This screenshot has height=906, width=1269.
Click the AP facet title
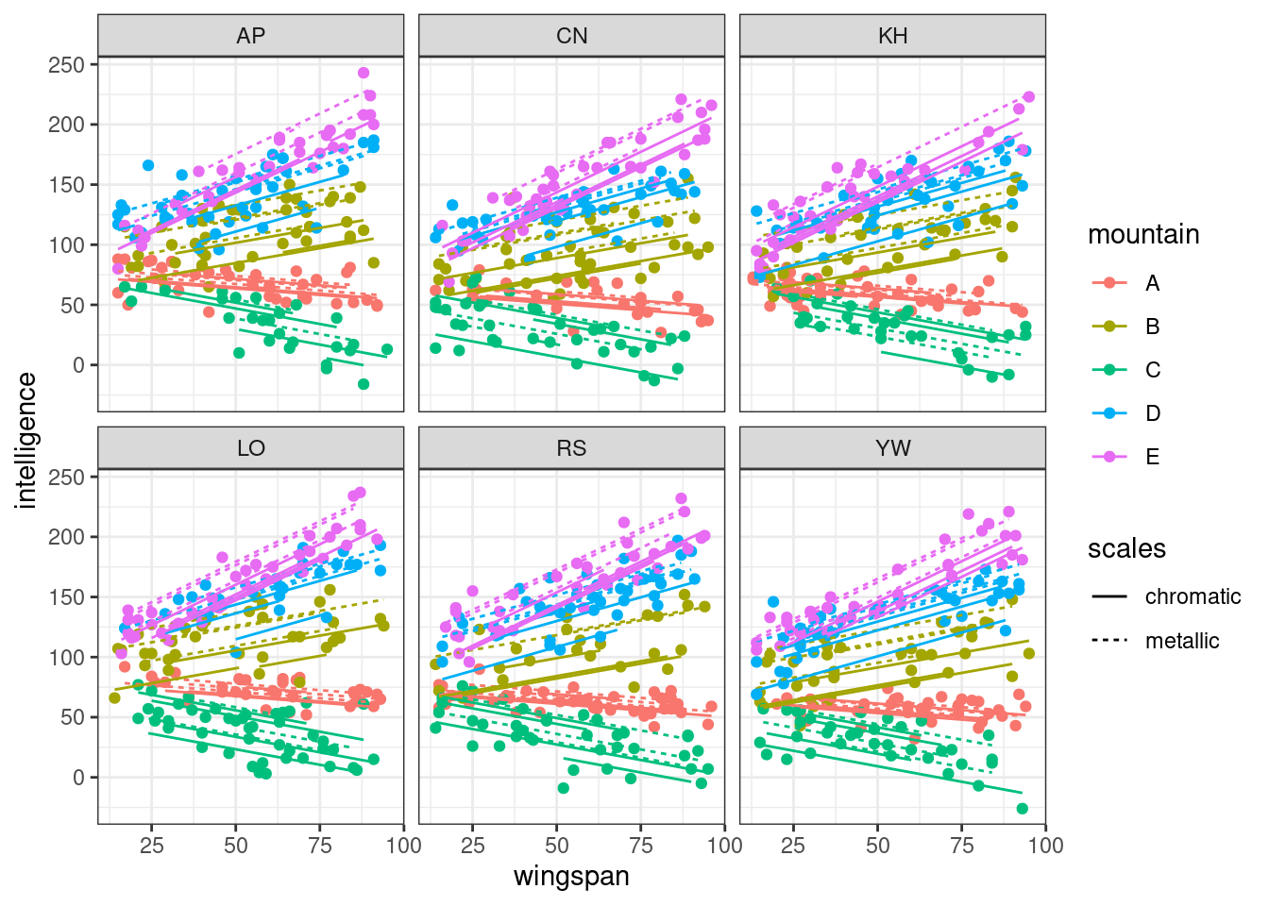[251, 36]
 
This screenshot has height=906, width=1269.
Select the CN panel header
[571, 36]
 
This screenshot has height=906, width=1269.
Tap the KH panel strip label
[892, 36]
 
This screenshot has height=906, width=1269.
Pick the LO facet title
[251, 448]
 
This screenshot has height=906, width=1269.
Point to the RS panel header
[571, 448]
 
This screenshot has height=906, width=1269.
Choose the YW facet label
[892, 448]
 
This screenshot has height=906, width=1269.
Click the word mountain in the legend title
[1143, 234]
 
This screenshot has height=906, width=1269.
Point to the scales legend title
[1126, 548]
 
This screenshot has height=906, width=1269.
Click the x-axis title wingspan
[571, 876]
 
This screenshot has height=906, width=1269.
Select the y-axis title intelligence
[26, 440]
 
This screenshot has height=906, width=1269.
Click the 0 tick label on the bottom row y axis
[78, 778]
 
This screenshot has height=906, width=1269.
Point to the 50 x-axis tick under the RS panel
[557, 845]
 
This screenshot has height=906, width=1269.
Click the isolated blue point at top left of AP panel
[148, 165]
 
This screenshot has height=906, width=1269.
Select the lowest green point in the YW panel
[1022, 809]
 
